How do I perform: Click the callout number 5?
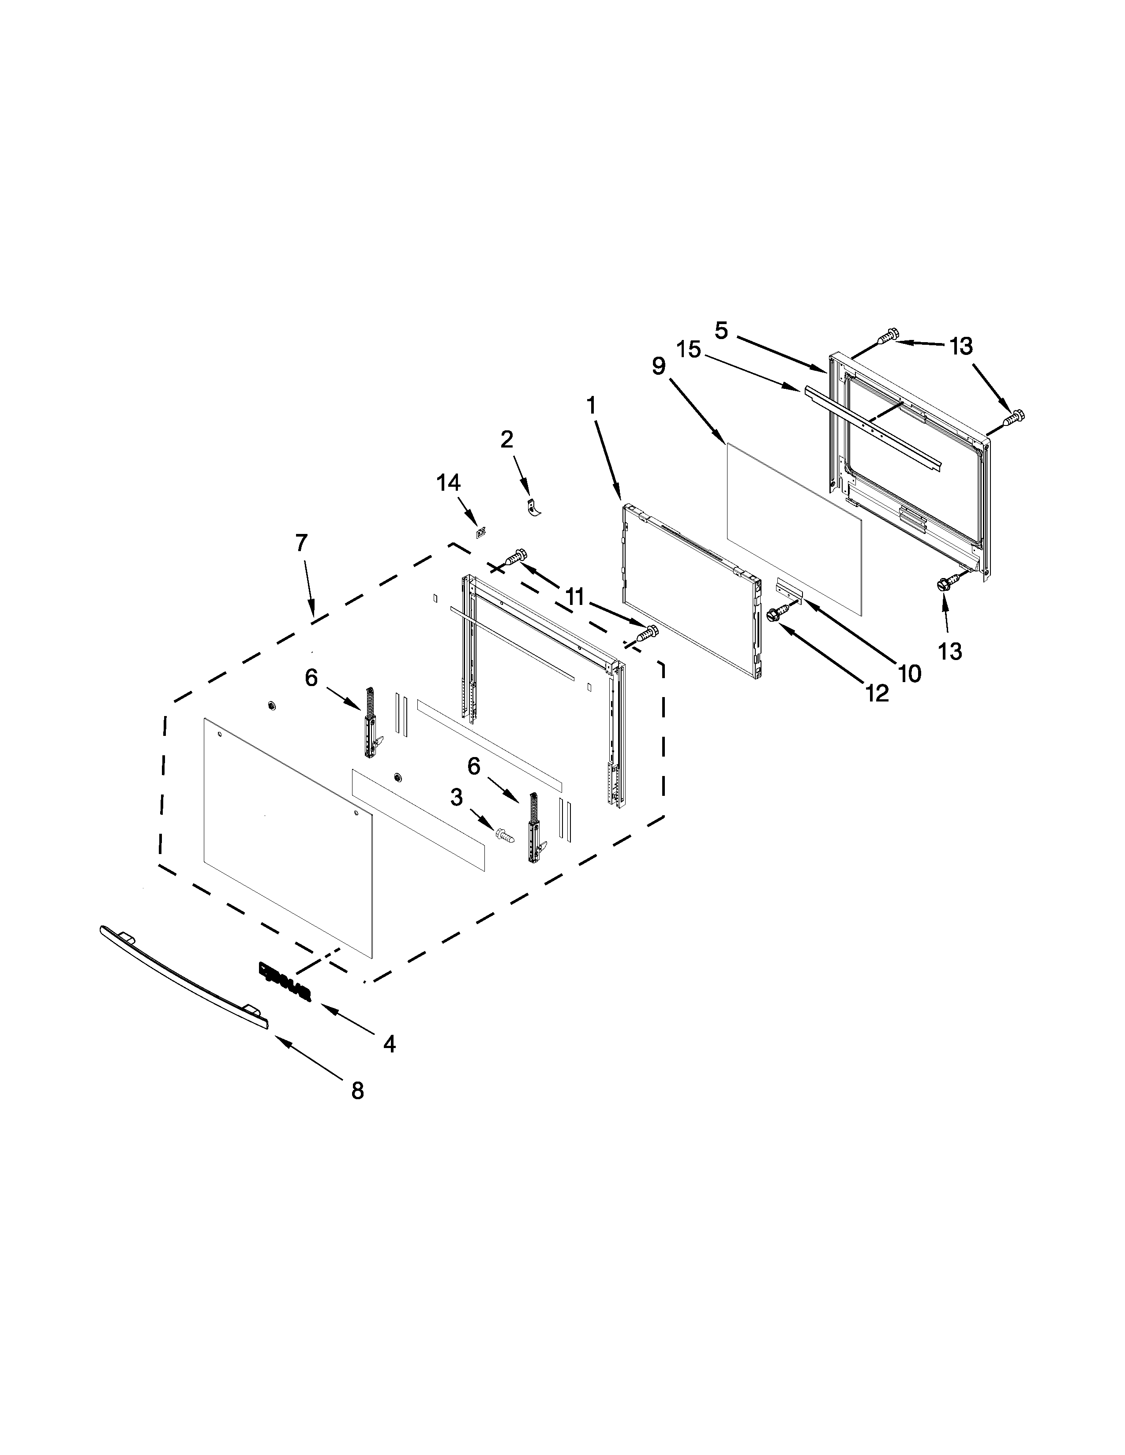[x=722, y=330]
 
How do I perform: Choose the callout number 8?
[x=358, y=1090]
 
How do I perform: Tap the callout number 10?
[x=910, y=674]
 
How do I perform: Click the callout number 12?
[x=877, y=694]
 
